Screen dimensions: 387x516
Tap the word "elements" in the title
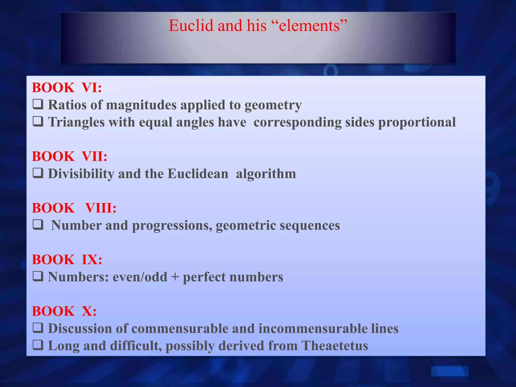pos(310,25)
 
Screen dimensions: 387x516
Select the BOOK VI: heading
pos(67,88)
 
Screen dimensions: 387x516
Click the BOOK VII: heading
pos(70,156)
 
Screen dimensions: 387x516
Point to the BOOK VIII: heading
pos(74,208)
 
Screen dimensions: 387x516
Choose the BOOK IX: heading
pos(67,260)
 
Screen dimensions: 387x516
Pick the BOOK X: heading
pos(64,311)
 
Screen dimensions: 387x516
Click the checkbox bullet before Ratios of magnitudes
pos(38,104)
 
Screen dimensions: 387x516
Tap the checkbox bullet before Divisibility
pos(38,173)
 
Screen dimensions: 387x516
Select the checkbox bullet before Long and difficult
pos(38,345)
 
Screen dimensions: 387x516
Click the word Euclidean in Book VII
pos(198,174)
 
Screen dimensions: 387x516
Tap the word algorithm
pos(266,174)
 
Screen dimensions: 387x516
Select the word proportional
pos(417,122)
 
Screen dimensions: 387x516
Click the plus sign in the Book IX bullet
pos(175,277)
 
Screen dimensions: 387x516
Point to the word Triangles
pos(76,122)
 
